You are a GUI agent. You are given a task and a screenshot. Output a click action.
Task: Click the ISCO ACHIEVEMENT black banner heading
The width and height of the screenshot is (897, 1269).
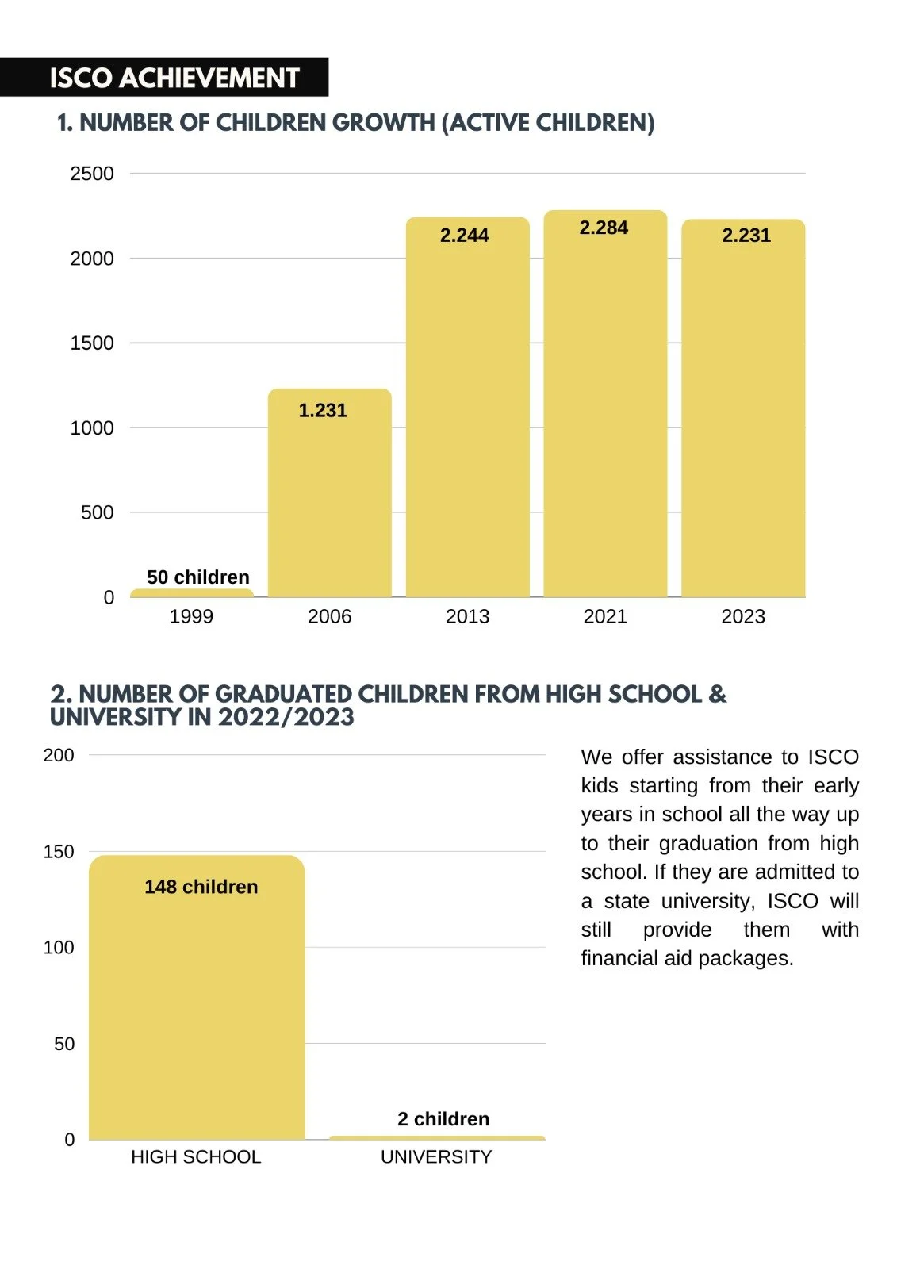(x=174, y=78)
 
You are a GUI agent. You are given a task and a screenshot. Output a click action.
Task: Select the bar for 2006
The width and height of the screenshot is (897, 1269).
(x=329, y=500)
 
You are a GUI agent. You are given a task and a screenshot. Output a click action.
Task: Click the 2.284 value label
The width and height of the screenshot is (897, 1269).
(x=604, y=228)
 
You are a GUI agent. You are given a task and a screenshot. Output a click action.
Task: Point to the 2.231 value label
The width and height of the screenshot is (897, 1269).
(x=746, y=235)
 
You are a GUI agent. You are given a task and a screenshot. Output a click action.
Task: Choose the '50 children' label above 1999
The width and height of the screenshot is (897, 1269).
(x=198, y=577)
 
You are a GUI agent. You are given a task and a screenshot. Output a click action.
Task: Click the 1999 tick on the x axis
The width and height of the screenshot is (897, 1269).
(x=191, y=616)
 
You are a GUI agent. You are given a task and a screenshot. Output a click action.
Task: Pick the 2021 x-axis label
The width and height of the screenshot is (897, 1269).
(x=605, y=616)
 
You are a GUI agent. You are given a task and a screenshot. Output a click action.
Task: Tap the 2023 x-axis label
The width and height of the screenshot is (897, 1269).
(x=743, y=616)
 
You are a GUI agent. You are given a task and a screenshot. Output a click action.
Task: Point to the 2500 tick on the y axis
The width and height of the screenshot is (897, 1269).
(x=92, y=174)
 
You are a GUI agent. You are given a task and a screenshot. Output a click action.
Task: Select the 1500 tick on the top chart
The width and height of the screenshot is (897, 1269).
(x=92, y=343)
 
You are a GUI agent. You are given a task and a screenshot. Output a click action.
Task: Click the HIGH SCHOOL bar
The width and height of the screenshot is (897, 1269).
(x=197, y=1007)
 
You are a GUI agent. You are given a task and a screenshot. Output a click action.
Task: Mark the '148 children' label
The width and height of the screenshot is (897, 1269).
(x=201, y=887)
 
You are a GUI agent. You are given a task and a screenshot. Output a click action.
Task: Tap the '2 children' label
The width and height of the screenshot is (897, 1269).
(x=443, y=1118)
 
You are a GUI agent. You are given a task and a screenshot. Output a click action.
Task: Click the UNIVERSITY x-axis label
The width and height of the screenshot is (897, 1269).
(x=436, y=1156)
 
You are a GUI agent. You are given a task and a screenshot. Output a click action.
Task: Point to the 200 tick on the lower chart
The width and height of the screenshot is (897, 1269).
(x=59, y=755)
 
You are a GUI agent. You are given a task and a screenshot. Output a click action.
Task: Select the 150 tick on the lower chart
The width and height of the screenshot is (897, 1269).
(x=59, y=852)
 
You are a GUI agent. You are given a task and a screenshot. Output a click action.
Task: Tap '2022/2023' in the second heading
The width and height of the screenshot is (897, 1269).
(x=286, y=717)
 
